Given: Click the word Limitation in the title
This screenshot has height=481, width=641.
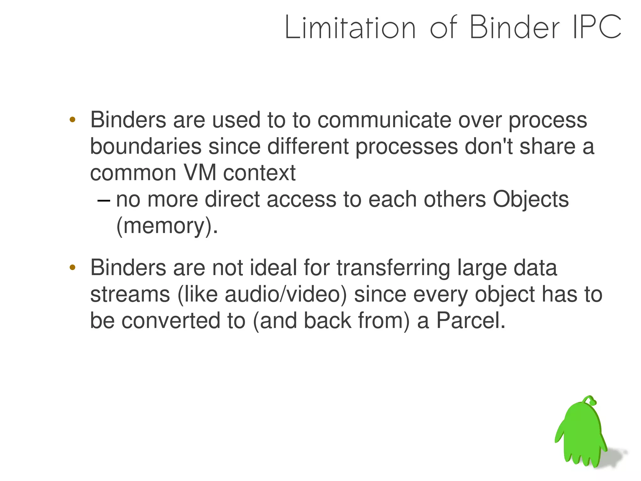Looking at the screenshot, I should pyautogui.click(x=350, y=28).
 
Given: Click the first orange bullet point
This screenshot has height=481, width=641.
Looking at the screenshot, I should pyautogui.click(x=72, y=119).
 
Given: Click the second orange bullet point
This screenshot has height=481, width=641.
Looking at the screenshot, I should pyautogui.click(x=72, y=267).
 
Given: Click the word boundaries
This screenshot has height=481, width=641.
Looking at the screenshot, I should pyautogui.click(x=146, y=146).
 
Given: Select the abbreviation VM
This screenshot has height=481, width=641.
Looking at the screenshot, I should pyautogui.click(x=200, y=173).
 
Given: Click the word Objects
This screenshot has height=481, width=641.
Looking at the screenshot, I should pyautogui.click(x=531, y=199).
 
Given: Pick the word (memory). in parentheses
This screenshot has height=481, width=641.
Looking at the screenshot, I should pyautogui.click(x=167, y=226).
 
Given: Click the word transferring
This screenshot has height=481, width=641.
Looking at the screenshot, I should pyautogui.click(x=393, y=268).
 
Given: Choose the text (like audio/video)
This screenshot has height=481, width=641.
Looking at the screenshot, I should pyautogui.click(x=262, y=295).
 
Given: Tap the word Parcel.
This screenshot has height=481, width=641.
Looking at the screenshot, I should pyautogui.click(x=470, y=321).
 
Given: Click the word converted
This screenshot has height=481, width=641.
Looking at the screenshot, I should pyautogui.click(x=171, y=321).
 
